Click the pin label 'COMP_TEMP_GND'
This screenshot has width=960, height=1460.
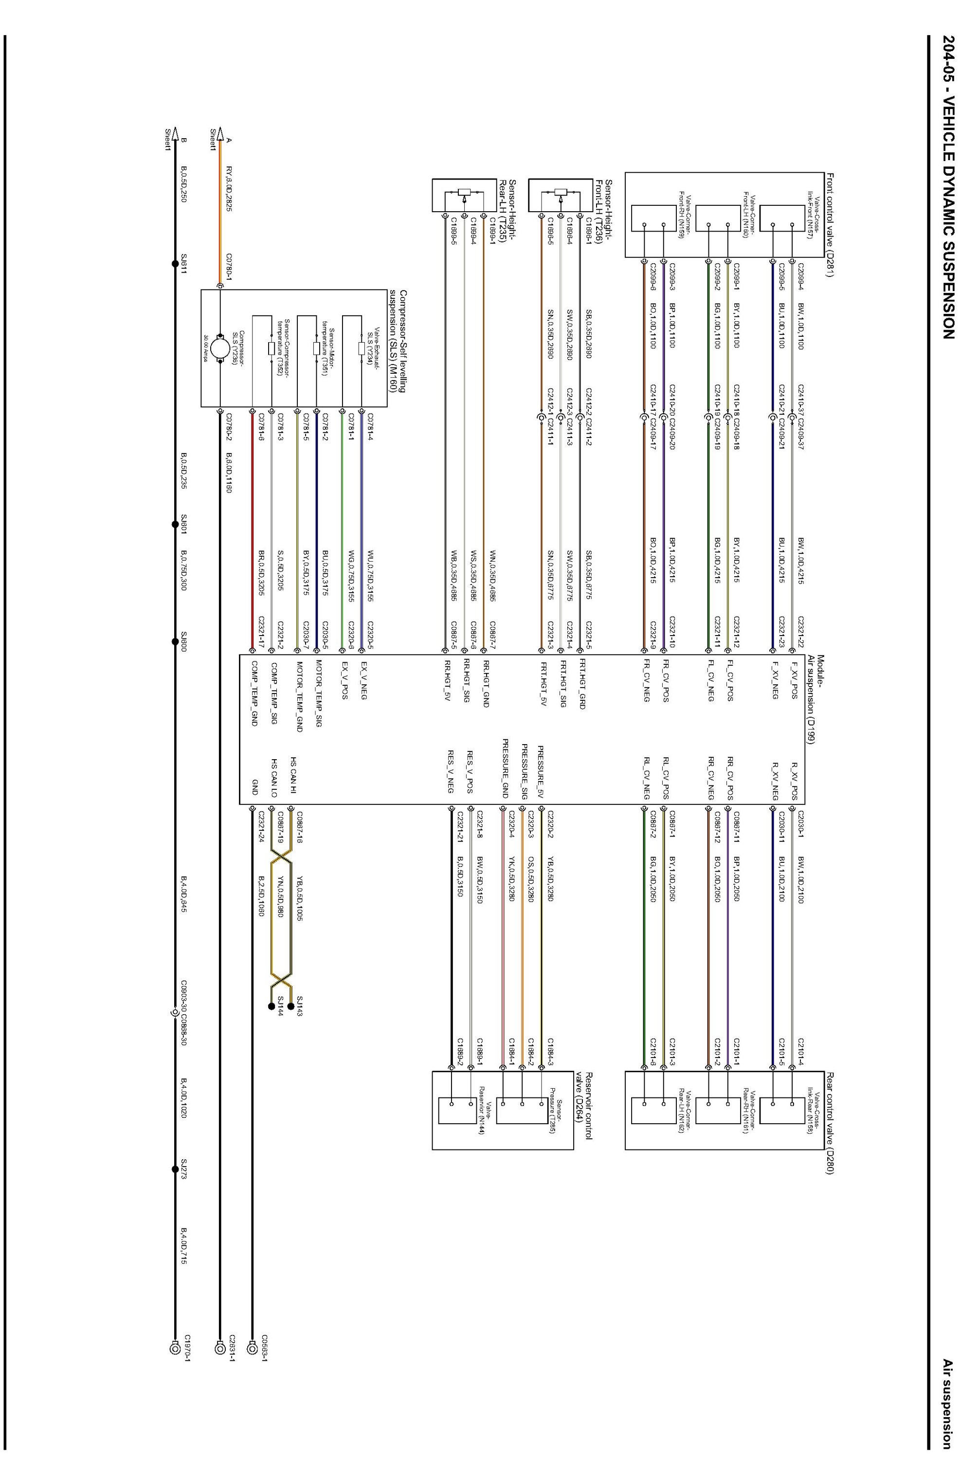(254, 693)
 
